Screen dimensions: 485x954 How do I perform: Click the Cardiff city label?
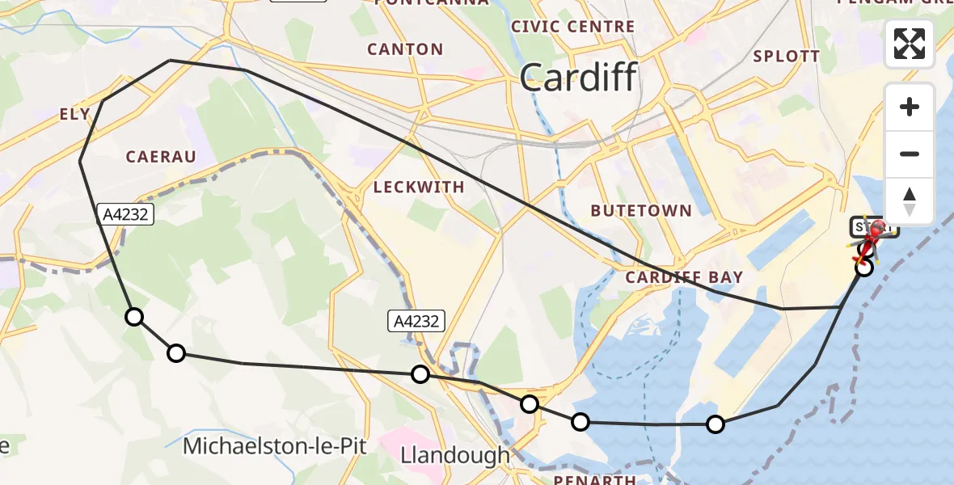[578, 78]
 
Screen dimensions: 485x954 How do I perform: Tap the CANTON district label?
[405, 49]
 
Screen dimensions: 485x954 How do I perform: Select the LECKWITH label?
[419, 188]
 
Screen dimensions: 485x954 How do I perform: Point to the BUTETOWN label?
[641, 211]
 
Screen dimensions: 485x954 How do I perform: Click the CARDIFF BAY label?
[684, 277]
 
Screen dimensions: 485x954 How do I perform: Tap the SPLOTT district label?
[786, 57]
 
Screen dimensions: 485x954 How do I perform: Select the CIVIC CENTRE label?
[573, 27]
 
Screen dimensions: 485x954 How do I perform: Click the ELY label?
[75, 115]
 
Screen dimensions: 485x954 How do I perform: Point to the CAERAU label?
[162, 157]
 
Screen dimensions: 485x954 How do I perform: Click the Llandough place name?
[455, 455]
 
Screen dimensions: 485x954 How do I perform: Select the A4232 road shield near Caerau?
[124, 213]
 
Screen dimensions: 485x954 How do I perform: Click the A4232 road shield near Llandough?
[418, 321]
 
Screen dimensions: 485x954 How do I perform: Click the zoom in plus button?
[910, 107]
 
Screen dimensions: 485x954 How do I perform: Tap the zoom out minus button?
[910, 154]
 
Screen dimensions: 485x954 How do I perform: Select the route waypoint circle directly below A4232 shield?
[420, 373]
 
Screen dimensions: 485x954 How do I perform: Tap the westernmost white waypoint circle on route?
[134, 317]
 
